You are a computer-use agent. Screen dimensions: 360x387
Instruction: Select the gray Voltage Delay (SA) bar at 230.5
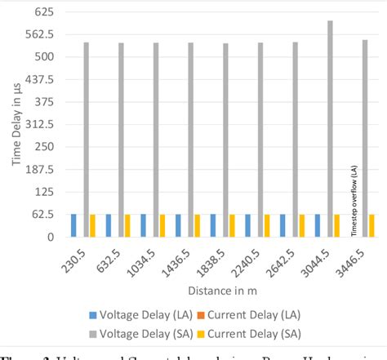point(85,140)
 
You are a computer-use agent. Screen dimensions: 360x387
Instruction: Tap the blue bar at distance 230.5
point(73,225)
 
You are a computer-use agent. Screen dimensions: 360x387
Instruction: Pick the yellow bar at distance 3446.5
point(372,225)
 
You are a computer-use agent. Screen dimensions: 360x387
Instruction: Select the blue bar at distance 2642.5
point(283,225)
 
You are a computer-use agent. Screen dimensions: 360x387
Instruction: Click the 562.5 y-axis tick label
point(39,35)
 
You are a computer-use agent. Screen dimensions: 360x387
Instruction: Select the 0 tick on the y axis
point(49,237)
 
